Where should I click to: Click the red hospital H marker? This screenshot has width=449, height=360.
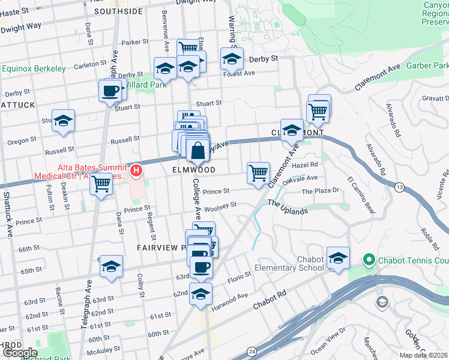(137, 171)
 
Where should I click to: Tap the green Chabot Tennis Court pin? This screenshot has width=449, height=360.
(367, 260)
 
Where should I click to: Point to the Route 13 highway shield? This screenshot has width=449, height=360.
(399, 188)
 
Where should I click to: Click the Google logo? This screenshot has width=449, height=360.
(19, 353)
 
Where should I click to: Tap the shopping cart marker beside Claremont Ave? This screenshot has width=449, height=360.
(258, 173)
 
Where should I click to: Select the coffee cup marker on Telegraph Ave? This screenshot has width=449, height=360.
(110, 91)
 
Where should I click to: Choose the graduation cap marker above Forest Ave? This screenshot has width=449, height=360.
(232, 60)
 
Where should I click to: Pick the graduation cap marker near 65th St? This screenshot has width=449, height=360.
(111, 268)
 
